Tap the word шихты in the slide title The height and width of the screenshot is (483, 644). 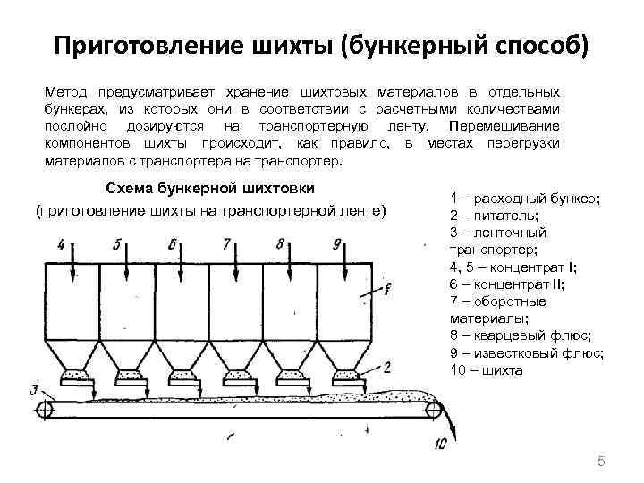pyautogui.click(x=288, y=46)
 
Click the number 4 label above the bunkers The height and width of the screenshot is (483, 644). pyautogui.click(x=60, y=243)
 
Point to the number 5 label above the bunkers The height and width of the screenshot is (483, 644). pyautogui.click(x=116, y=243)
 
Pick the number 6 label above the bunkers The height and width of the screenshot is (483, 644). pyautogui.click(x=172, y=243)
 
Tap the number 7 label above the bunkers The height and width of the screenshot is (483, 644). pyautogui.click(x=226, y=243)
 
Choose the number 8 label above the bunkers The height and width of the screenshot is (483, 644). pyautogui.click(x=281, y=243)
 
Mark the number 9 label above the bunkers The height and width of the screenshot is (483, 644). pyautogui.click(x=336, y=243)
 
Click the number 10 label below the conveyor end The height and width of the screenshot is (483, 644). pyautogui.click(x=439, y=443)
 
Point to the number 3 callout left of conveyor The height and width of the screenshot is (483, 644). pyautogui.click(x=34, y=388)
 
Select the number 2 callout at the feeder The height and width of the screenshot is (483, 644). pyautogui.click(x=386, y=366)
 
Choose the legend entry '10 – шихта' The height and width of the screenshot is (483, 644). pyautogui.click(x=487, y=369)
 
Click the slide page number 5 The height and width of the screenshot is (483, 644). pyautogui.click(x=601, y=462)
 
